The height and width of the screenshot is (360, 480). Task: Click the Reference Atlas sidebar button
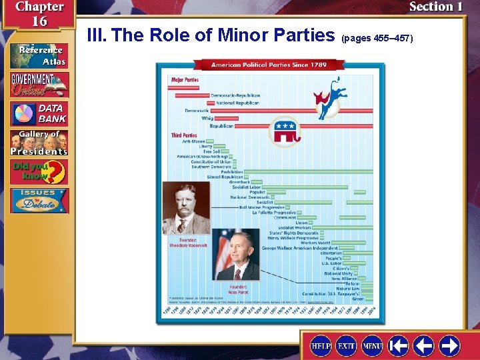[39, 55]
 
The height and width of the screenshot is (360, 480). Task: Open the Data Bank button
[39, 113]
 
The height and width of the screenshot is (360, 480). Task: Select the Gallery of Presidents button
[39, 143]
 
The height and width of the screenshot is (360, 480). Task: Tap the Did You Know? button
[39, 172]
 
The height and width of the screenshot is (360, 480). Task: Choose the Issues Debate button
[39, 201]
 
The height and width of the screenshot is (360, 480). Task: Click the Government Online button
[39, 84]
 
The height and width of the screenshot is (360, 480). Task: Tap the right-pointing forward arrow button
[449, 346]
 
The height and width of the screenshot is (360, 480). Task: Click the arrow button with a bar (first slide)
[398, 346]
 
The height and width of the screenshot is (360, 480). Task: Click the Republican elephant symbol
[285, 133]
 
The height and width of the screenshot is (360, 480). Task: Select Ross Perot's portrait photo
[237, 256]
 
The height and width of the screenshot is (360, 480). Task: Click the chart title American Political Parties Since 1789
[269, 65]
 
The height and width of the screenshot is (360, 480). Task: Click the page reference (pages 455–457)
[377, 38]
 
